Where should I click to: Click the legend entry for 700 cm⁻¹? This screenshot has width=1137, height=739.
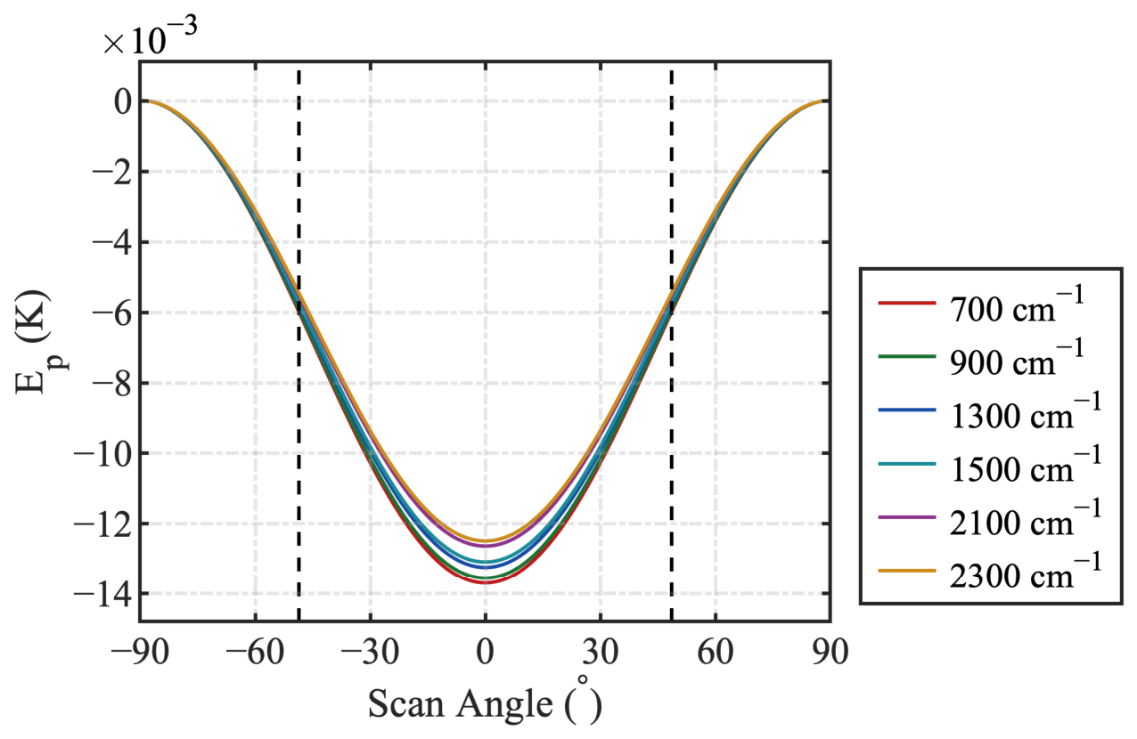(981, 304)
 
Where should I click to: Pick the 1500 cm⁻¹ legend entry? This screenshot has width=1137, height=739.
(990, 464)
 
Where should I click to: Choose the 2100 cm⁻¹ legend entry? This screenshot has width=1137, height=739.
(990, 517)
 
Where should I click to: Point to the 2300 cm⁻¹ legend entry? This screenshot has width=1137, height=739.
(990, 571)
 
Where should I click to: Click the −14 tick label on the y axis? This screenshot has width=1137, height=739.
(103, 593)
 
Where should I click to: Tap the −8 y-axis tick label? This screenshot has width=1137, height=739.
(112, 383)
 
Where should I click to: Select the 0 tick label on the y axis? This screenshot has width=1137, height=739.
(123, 102)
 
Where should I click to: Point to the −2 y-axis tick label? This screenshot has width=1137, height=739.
(112, 172)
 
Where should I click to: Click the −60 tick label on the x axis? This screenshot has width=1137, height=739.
(255, 653)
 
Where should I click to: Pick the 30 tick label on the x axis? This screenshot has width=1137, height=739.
(601, 653)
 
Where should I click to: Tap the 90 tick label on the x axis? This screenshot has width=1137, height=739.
(830, 653)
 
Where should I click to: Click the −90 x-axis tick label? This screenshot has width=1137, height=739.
(140, 653)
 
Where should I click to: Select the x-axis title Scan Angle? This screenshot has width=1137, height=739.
(461, 704)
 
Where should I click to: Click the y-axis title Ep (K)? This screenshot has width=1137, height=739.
(37, 341)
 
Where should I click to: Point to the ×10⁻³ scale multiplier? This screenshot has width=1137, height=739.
(151, 35)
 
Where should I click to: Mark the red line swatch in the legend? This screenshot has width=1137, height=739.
(907, 304)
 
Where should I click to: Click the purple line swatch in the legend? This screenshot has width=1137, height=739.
(907, 517)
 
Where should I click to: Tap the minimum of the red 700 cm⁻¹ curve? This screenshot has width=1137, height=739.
(486, 582)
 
